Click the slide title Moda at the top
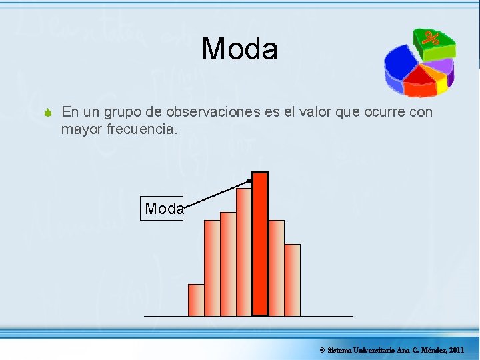pyautogui.click(x=239, y=49)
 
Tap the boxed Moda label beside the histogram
pyautogui.click(x=162, y=209)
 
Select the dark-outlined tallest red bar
pyautogui.click(x=260, y=243)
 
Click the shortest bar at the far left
pyautogui.click(x=196, y=300)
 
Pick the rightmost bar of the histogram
pyautogui.click(x=292, y=280)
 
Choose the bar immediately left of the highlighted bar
pyautogui.click(x=244, y=252)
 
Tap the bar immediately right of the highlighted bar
pyautogui.click(x=276, y=268)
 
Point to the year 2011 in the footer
pyautogui.click(x=457, y=350)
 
